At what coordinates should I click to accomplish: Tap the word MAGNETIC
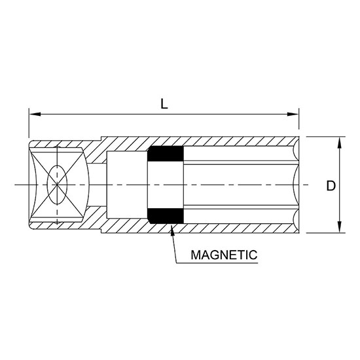pos(223,254)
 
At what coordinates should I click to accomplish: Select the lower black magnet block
pos(165,217)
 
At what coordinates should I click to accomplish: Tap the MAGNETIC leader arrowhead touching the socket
pos(171,228)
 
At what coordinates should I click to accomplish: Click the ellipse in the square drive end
pos(57,185)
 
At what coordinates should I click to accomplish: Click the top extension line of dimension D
pos(324,137)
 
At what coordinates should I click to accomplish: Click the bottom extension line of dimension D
pos(324,232)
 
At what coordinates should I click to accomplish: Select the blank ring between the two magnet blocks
pos(165,185)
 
